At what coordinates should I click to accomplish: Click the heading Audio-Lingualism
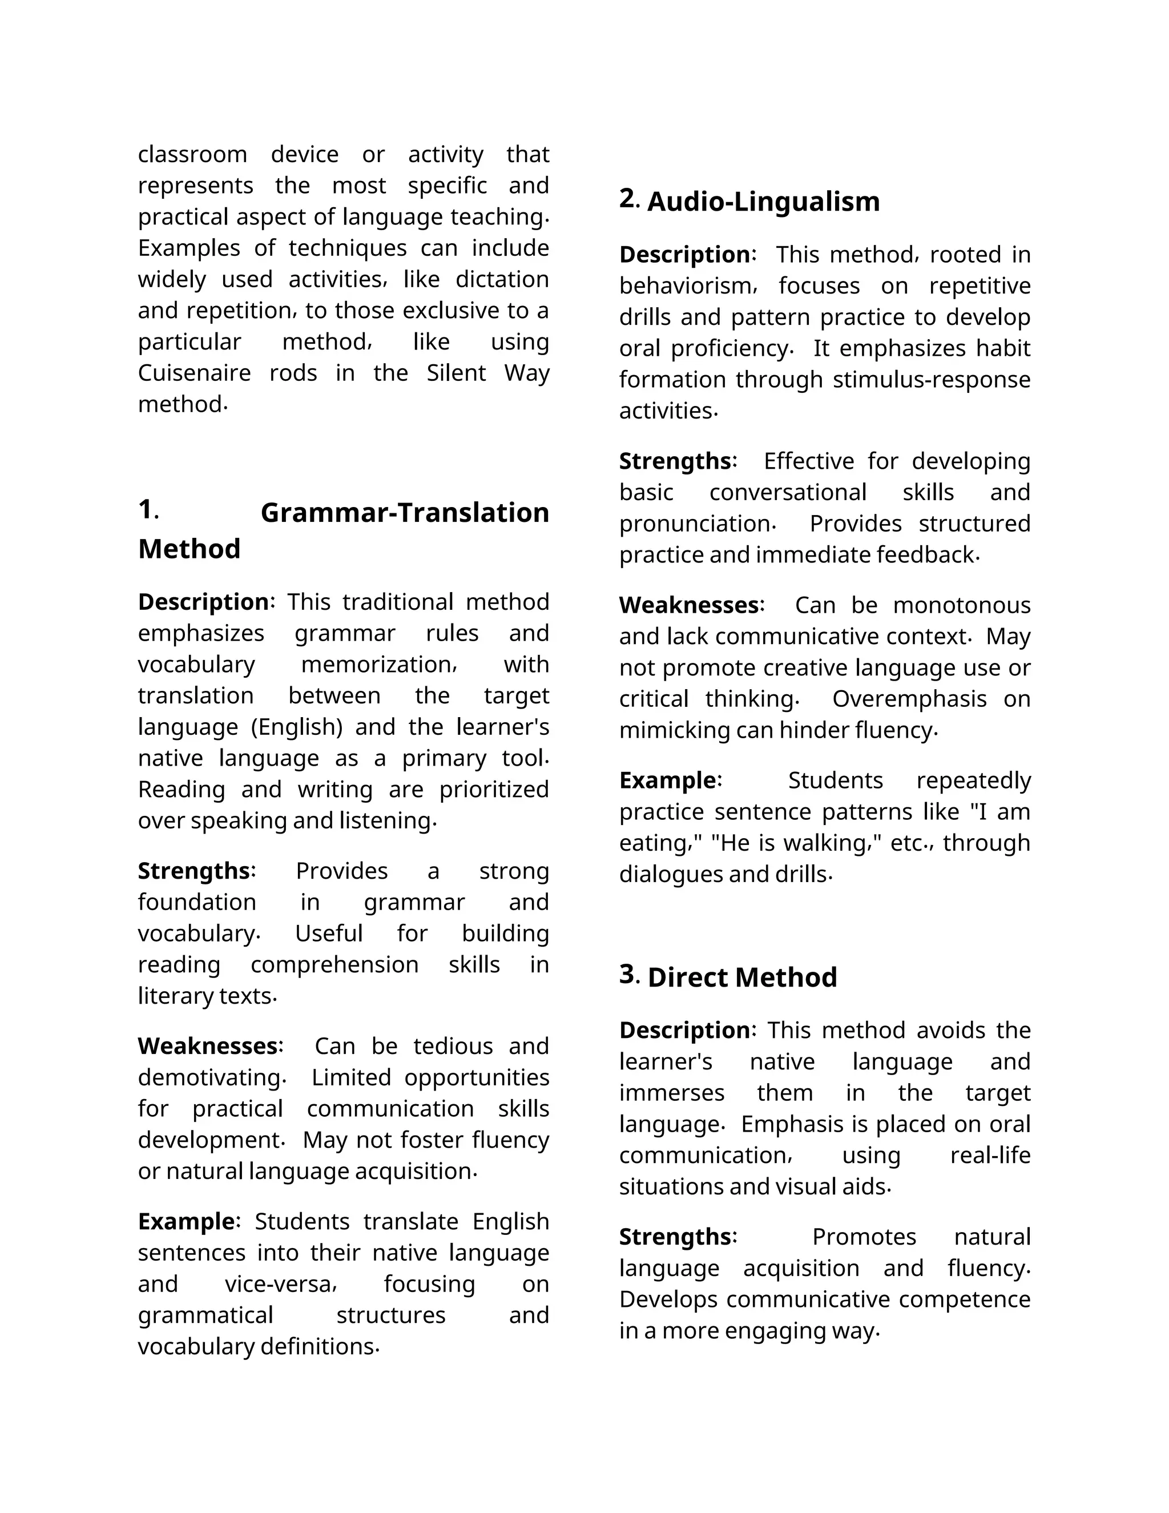point(763,202)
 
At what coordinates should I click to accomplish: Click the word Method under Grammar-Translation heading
point(189,549)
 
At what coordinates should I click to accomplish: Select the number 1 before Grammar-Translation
point(146,509)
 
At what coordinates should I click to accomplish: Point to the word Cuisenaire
point(194,373)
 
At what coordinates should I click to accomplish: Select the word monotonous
point(961,605)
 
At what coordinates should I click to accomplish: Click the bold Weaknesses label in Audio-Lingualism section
point(689,605)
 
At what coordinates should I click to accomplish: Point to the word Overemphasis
point(909,698)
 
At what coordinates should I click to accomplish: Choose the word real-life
point(990,1155)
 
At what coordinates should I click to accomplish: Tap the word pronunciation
point(695,524)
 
